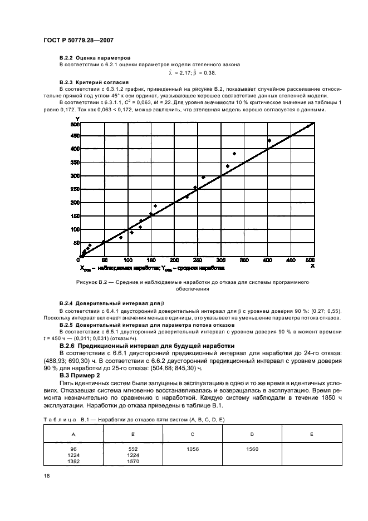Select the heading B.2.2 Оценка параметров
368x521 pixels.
95,58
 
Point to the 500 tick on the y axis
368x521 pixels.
73,124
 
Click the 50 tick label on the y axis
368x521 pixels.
75,243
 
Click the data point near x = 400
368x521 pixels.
269,140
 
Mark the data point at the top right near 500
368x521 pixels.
307,126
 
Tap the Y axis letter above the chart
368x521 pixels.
77,118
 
